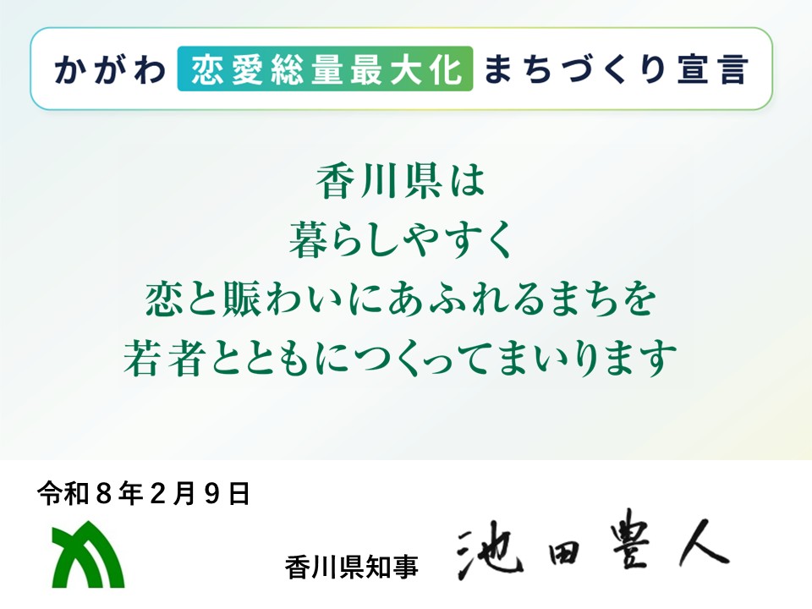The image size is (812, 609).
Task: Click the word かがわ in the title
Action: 109,69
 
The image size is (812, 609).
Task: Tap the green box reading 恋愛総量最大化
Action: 325,69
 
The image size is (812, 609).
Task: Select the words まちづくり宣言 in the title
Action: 616,69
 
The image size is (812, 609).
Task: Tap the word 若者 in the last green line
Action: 176,359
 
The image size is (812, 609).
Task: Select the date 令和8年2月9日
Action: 144,493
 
